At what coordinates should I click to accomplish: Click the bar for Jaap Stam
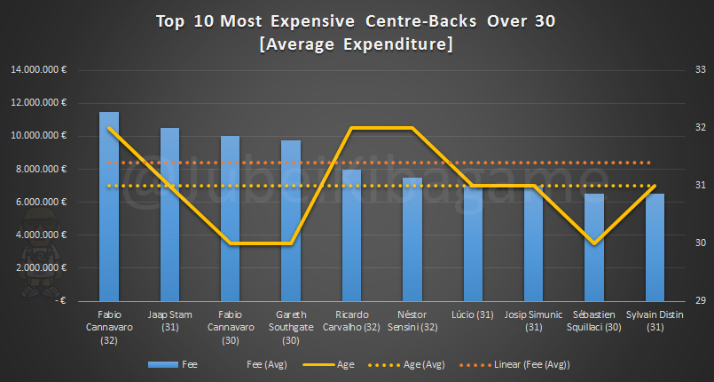[169, 214]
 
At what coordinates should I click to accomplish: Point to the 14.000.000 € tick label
[42, 70]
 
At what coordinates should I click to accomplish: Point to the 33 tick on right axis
[699, 70]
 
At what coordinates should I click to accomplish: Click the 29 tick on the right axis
[699, 300]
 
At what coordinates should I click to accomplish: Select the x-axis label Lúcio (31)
[473, 315]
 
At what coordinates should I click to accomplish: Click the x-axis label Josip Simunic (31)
[533, 321]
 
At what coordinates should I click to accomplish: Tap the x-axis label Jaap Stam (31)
[169, 321]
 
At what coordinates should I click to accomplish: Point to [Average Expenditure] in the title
[357, 44]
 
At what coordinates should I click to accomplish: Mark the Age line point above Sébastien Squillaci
[594, 243]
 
